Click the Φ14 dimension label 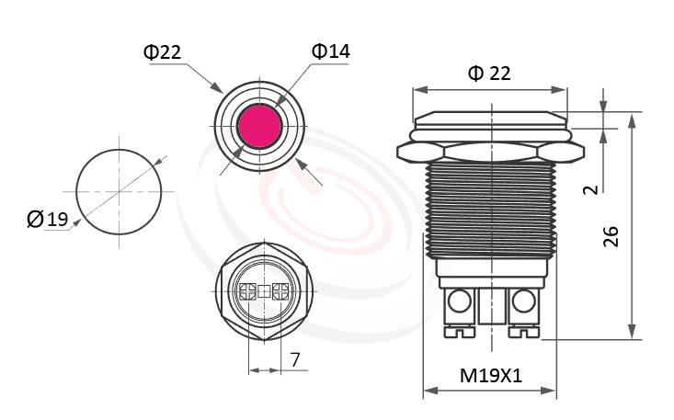pos(331,51)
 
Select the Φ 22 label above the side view pos(489,74)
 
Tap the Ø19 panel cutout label pos(48,219)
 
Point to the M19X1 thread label pos(490,375)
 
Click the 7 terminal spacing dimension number pos(295,359)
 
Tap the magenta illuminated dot pos(258,127)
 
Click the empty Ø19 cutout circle pos(119,191)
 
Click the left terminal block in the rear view pos(246,292)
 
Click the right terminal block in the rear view pos(281,292)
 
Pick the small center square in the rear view pos(264,292)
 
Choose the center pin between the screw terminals pos(490,312)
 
